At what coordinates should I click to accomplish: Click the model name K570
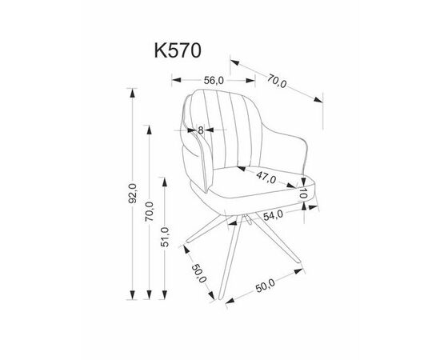pos(178,50)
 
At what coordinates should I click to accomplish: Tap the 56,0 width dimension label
pos(214,81)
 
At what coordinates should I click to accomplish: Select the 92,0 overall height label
pos(132,193)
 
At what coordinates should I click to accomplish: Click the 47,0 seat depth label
pos(266,178)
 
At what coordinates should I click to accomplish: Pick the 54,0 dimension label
pos(273,215)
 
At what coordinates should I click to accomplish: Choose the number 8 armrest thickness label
pos(200,130)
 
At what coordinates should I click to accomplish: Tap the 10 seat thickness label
pos(303,194)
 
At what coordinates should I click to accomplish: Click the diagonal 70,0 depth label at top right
pos(277,81)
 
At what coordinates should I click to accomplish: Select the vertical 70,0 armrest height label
pos(150,211)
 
